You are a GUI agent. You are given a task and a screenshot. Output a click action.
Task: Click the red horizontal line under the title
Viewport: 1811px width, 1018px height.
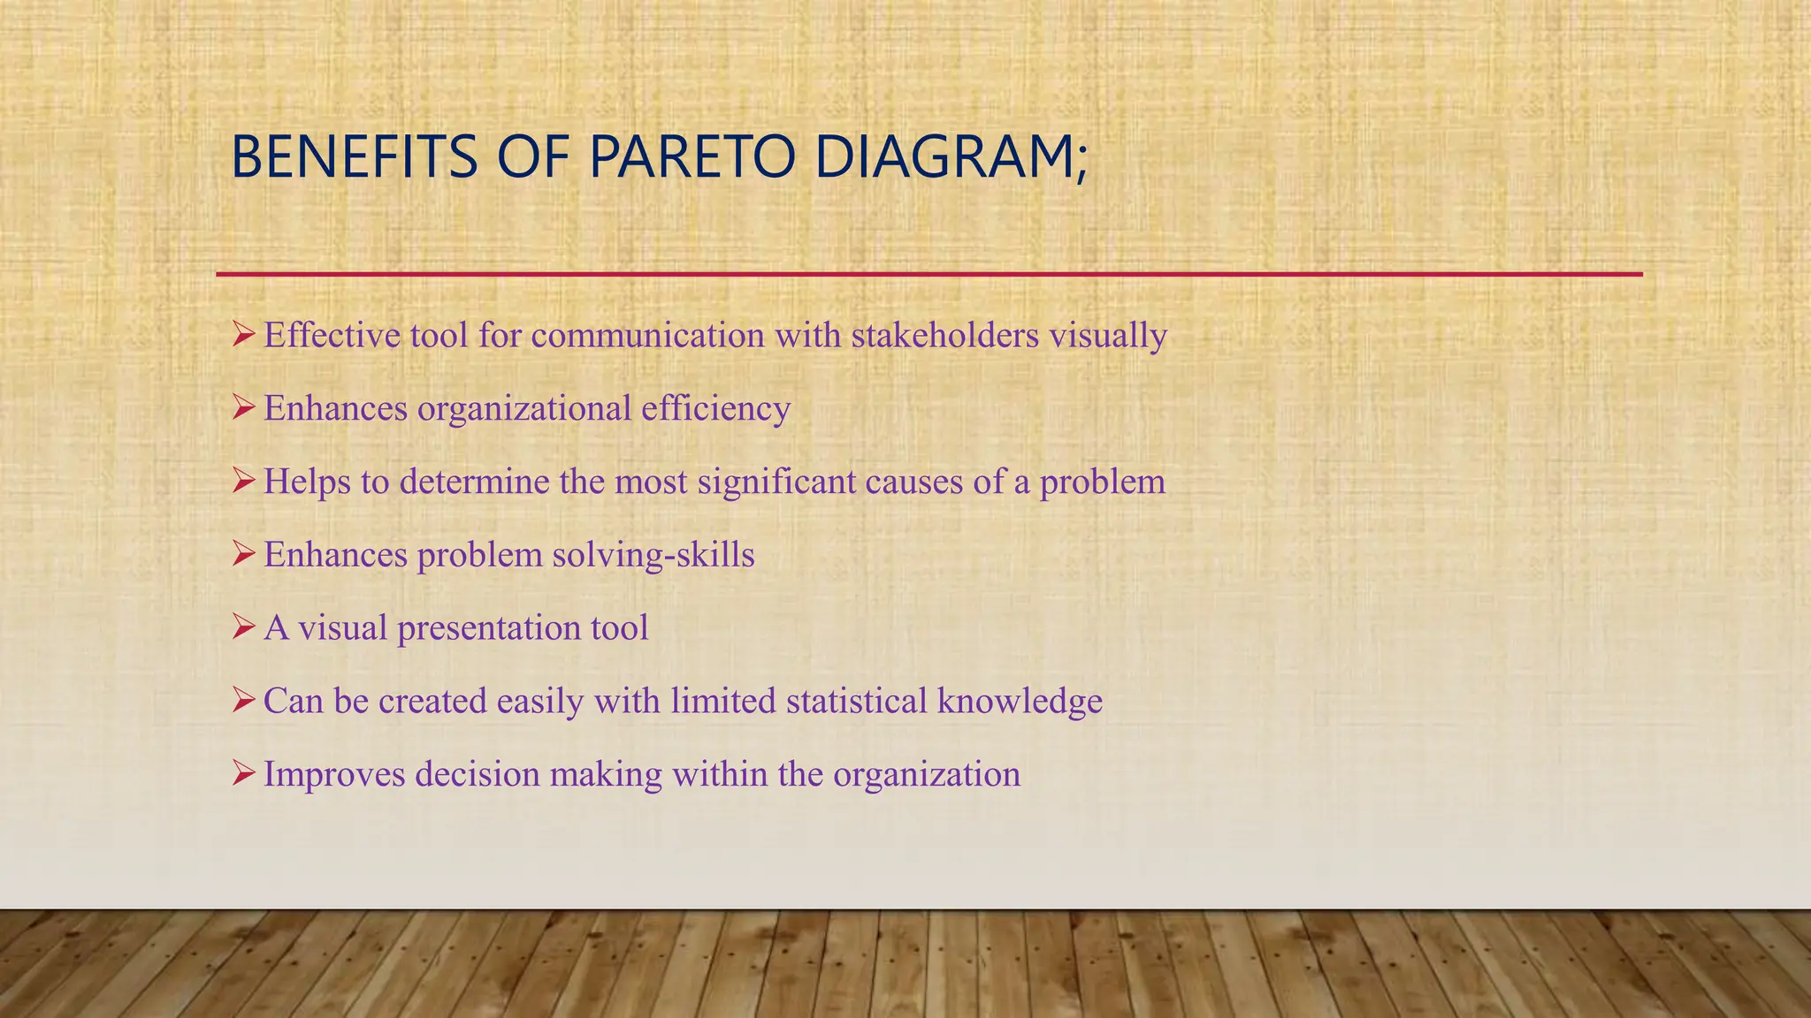[x=928, y=275]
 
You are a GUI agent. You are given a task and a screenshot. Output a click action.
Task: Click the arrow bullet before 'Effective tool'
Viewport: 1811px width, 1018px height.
[x=243, y=335]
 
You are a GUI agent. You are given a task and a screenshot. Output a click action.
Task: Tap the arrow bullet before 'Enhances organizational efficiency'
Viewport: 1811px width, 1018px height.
[x=243, y=408]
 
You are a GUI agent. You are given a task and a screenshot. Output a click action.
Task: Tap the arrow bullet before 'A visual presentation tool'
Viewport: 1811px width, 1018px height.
[x=243, y=627]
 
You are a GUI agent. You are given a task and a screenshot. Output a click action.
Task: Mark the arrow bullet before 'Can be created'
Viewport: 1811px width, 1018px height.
[x=243, y=701]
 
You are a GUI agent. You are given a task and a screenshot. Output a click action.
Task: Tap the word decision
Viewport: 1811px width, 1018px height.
[x=478, y=774]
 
